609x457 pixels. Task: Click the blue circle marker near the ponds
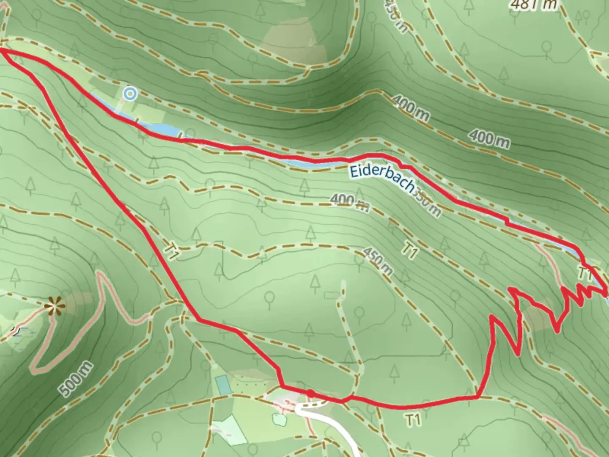(x=130, y=94)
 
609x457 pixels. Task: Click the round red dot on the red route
(x=310, y=393)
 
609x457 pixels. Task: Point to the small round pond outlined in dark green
(x=280, y=420)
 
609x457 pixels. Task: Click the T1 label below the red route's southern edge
(x=414, y=420)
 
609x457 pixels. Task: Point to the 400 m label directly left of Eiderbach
(x=349, y=203)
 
